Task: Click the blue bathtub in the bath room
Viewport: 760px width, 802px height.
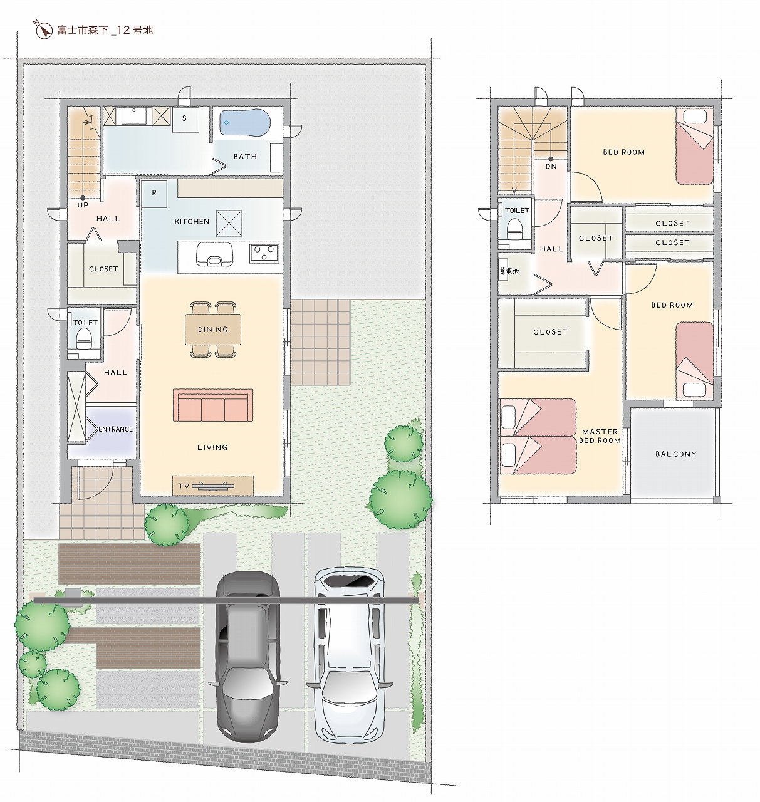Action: tap(245, 122)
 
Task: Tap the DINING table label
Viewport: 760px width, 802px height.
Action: tap(213, 329)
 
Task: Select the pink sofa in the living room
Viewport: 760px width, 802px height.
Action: tap(213, 405)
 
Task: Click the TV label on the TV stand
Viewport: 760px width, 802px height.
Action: tap(184, 486)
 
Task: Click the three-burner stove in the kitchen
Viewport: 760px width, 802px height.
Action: tap(264, 253)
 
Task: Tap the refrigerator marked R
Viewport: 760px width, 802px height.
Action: tap(154, 193)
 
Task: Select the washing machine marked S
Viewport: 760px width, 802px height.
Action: tap(185, 119)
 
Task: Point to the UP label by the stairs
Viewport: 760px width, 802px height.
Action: tap(83, 205)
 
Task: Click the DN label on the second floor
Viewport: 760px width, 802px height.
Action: tap(551, 166)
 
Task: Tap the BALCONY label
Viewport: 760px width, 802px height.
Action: tap(676, 454)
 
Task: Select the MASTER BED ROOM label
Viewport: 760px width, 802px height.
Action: tap(600, 435)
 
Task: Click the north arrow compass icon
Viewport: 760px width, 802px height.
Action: tap(43, 29)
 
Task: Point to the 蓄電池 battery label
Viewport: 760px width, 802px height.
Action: tap(509, 271)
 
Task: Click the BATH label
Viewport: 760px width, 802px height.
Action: tap(245, 156)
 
